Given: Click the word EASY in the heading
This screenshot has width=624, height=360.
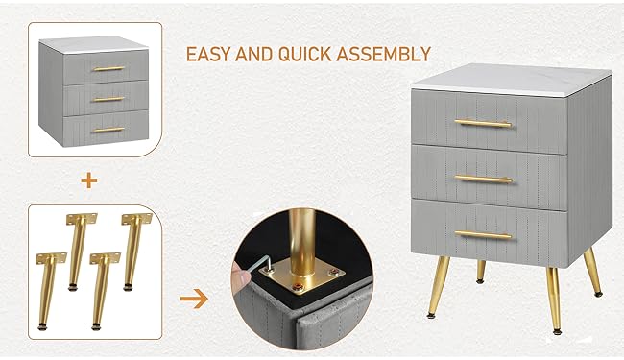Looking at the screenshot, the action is tap(208, 54).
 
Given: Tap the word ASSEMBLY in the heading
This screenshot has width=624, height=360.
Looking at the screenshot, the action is tap(384, 54).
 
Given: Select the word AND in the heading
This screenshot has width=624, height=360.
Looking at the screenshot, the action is tap(254, 54).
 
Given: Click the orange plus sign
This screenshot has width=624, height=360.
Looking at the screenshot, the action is tap(89, 181).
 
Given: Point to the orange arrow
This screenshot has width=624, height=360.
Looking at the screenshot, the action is tap(194, 299).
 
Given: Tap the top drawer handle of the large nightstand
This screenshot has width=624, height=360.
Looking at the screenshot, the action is tap(483, 123).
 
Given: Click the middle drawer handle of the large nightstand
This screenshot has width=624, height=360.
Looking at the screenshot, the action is tap(483, 180).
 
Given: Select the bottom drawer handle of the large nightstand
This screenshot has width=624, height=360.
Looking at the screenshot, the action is tap(483, 235).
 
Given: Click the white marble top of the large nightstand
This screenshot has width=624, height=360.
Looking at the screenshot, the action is tap(512, 80).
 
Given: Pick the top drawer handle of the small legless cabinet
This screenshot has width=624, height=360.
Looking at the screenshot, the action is tap(108, 68).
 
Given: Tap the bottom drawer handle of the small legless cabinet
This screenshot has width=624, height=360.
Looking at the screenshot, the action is tap(108, 130).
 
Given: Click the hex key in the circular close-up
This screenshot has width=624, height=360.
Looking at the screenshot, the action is tap(266, 263).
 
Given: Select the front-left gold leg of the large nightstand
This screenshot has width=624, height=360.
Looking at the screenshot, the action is tap(438, 287).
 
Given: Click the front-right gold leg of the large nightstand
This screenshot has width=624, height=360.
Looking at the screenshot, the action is tap(554, 300).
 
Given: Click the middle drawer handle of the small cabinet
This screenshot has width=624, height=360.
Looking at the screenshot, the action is tap(108, 99).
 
